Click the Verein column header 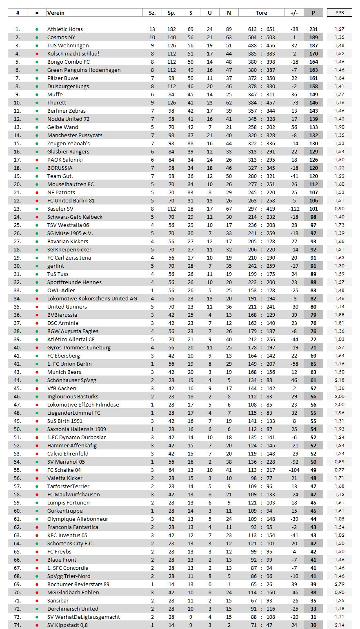click(x=56, y=13)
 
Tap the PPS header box click(x=339, y=13)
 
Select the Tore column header click(x=261, y=13)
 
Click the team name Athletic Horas click(x=65, y=29)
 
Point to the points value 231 click(x=313, y=29)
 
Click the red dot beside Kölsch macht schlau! click(x=37, y=53)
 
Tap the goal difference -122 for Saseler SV click(x=294, y=209)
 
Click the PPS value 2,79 click(x=339, y=584)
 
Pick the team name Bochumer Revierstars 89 click(x=78, y=584)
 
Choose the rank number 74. click(x=18, y=625)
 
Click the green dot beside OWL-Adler click(x=37, y=290)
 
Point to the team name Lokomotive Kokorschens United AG click(x=92, y=298)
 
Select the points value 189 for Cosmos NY click(x=313, y=37)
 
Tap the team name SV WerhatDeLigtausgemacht click(x=84, y=617)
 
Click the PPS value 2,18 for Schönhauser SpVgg click(x=339, y=380)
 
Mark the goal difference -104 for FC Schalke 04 click(x=294, y=470)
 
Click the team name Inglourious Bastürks click(x=73, y=396)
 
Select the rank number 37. click(x=18, y=323)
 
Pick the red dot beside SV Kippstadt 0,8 click(x=37, y=625)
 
